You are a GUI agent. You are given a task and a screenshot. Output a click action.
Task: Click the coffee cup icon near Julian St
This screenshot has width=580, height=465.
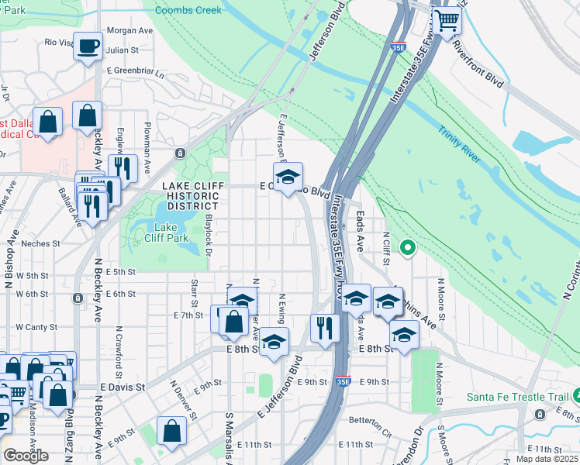pyautogui.click(x=88, y=46)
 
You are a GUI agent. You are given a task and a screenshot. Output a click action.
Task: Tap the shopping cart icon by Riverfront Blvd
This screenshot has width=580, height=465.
pyautogui.click(x=447, y=21)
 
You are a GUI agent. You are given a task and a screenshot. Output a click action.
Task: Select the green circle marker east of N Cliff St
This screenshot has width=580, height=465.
pyautogui.click(x=406, y=249)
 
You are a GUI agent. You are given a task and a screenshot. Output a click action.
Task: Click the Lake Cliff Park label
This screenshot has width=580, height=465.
pyautogui.click(x=167, y=232)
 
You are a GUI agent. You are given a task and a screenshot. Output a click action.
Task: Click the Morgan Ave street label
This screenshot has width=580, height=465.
pyautogui.click(x=129, y=30)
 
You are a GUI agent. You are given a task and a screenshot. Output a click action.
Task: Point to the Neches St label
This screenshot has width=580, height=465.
pyautogui.click(x=41, y=243)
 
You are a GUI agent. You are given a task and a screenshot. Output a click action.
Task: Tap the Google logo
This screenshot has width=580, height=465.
pyautogui.click(x=26, y=456)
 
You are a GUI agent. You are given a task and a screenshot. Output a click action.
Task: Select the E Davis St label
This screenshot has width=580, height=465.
pyautogui.click(x=123, y=386)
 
